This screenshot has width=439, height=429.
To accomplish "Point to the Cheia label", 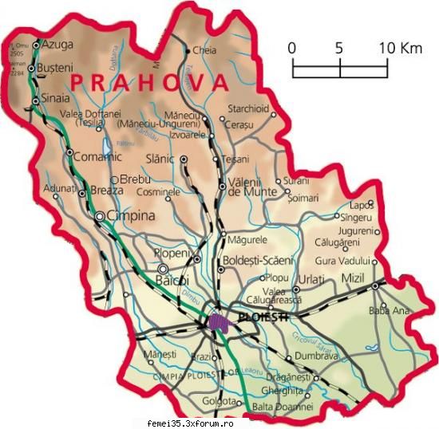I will point(204,50).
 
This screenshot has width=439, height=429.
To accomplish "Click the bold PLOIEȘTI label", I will point(262,316).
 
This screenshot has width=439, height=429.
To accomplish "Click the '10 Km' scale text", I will point(400,48).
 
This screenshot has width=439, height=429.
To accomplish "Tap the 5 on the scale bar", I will point(339,48).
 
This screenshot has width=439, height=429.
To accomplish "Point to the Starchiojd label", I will point(248,108).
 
